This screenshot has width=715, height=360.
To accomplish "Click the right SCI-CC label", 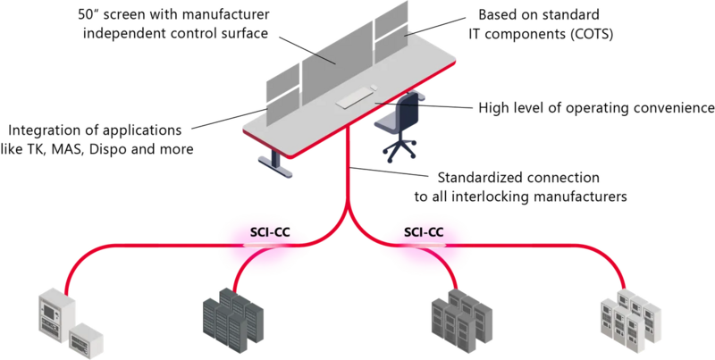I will point(424,233).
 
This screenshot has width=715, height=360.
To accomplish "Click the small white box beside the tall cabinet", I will point(86,336).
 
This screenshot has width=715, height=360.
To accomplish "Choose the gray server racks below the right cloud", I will point(458,317).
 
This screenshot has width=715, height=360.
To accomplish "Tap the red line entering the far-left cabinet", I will point(89,259).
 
